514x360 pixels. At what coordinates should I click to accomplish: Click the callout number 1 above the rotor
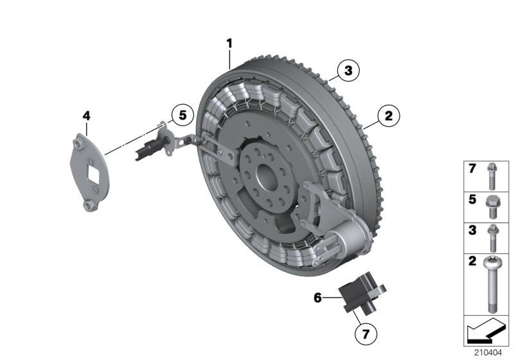click(229, 43)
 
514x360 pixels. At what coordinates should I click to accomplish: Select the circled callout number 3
click(348, 71)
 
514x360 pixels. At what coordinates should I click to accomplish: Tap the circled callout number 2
click(388, 116)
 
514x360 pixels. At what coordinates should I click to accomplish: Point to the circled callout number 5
click(182, 116)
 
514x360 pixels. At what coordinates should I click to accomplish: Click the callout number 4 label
click(87, 116)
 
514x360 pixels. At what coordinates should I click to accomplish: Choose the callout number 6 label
click(317, 297)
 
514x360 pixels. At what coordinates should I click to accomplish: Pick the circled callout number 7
click(365, 334)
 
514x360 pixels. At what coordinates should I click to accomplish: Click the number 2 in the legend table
click(471, 262)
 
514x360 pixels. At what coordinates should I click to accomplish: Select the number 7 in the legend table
click(471, 169)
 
